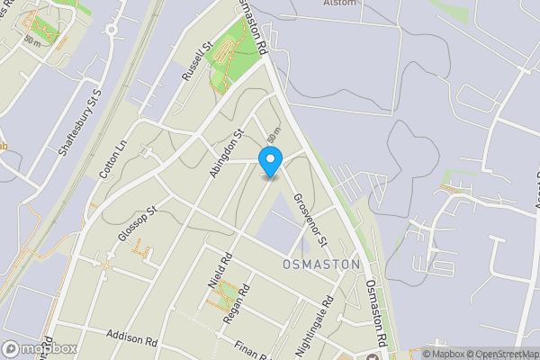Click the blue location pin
click(271, 161)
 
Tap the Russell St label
click(195, 62)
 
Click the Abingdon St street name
click(228, 153)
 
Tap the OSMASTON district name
click(321, 265)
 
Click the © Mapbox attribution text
click(445, 354)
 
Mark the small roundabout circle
click(112, 29)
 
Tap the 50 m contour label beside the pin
click(274, 134)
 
